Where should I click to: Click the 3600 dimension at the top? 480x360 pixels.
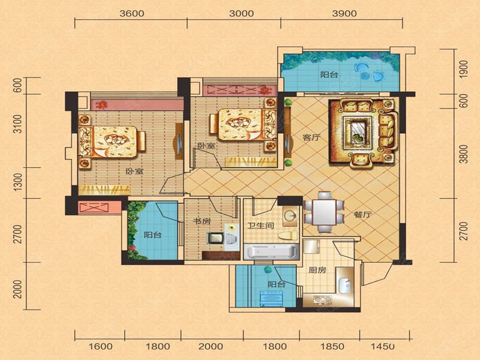click(131, 13)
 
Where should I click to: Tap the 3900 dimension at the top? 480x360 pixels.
click(344, 13)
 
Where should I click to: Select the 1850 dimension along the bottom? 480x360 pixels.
click(332, 347)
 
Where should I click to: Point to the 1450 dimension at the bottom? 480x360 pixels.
click(383, 347)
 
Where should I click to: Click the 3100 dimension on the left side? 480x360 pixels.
click(19, 124)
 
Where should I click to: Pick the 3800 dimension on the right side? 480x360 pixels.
click(464, 154)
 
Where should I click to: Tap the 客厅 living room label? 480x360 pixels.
click(311, 137)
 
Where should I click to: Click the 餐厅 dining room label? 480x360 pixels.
click(363, 215)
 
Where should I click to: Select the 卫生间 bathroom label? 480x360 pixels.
click(260, 226)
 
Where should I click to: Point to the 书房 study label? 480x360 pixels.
click(202, 221)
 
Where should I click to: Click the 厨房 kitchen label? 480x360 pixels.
click(317, 270)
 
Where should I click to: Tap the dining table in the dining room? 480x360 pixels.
click(324, 212)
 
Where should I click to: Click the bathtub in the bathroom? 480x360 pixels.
click(271, 252)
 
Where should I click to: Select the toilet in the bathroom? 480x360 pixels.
click(288, 236)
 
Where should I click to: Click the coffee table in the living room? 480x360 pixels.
click(357, 132)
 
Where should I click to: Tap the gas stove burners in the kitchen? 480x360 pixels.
click(322, 299)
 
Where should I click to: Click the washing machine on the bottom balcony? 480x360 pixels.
click(271, 298)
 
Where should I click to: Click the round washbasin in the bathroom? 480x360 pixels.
click(290, 216)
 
